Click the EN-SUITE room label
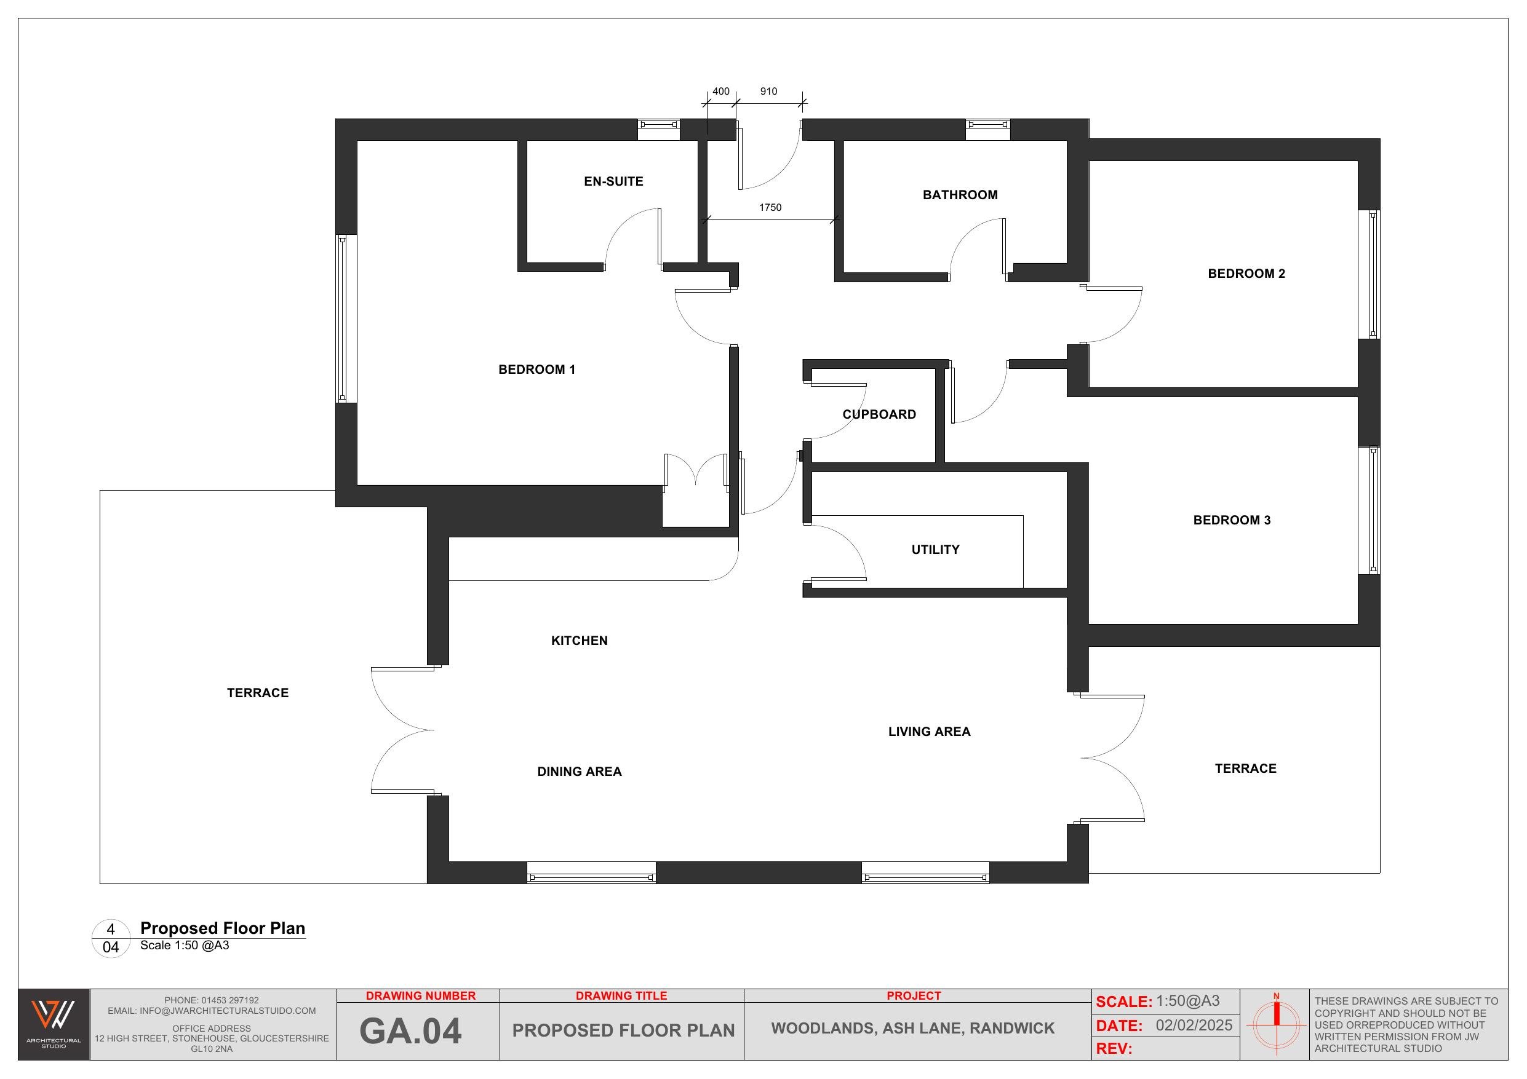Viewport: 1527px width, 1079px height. pyautogui.click(x=613, y=181)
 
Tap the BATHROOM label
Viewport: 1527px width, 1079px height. pyautogui.click(x=960, y=195)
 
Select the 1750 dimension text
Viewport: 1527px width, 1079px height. pyautogui.click(x=770, y=207)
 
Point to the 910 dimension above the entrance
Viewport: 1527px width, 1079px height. pyautogui.click(x=768, y=92)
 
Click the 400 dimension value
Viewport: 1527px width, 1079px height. pyautogui.click(x=720, y=92)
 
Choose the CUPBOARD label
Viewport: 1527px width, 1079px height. pyautogui.click(x=879, y=414)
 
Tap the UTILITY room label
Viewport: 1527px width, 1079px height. pyautogui.click(x=935, y=550)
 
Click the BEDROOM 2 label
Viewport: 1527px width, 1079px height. pyautogui.click(x=1246, y=273)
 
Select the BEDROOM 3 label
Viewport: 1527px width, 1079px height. pyautogui.click(x=1231, y=520)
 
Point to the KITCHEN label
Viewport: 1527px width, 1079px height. pyautogui.click(x=578, y=640)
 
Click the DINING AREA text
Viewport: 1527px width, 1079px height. pyautogui.click(x=578, y=771)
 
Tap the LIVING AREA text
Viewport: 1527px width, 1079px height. pyautogui.click(x=928, y=731)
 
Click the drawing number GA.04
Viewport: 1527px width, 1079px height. pyautogui.click(x=410, y=1031)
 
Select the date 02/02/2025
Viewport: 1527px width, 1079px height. pyautogui.click(x=1194, y=1025)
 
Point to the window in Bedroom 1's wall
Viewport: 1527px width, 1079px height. pyautogui.click(x=342, y=318)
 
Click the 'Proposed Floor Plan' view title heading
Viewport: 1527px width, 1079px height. pyautogui.click(x=222, y=928)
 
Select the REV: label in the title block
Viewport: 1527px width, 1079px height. pyautogui.click(x=1114, y=1048)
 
